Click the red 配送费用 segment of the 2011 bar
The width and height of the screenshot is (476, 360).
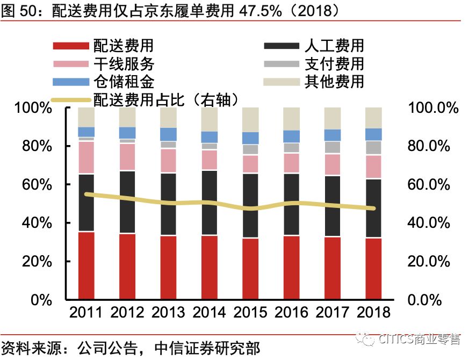[86, 265]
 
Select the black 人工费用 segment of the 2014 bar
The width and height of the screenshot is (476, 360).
[209, 203]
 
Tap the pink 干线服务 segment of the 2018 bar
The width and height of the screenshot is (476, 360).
[373, 166]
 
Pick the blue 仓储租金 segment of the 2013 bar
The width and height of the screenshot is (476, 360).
[168, 134]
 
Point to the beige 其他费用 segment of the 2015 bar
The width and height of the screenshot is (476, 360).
[250, 119]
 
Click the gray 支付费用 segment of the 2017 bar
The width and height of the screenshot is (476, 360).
[333, 147]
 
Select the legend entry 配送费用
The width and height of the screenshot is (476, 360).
[123, 46]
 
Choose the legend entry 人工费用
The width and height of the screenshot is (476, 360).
[334, 46]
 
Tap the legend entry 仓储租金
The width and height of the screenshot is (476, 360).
[123, 82]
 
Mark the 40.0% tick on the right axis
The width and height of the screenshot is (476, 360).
[429, 223]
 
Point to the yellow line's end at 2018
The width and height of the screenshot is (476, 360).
[373, 208]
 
